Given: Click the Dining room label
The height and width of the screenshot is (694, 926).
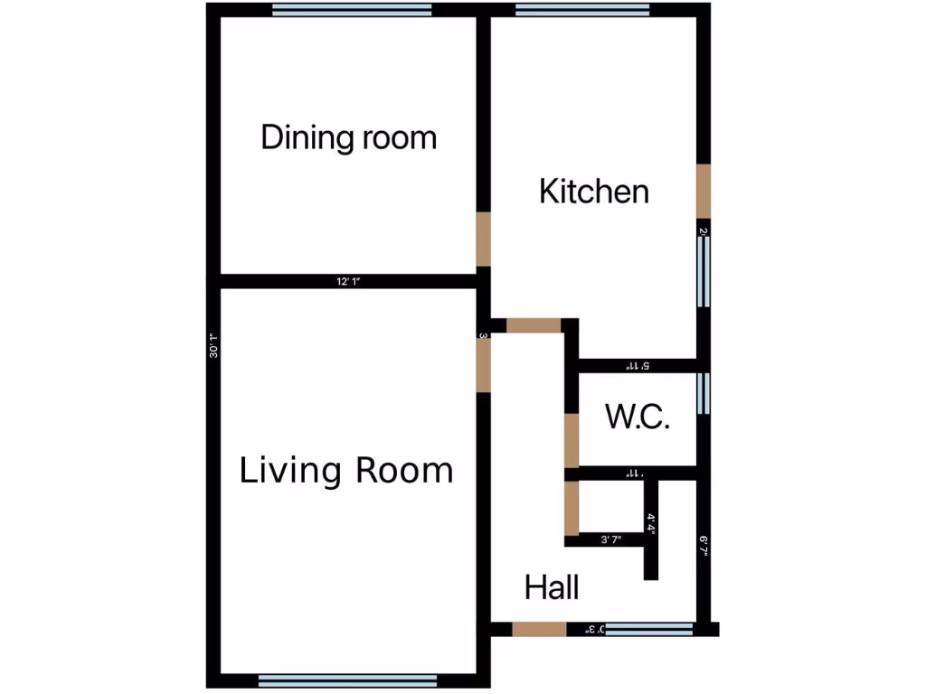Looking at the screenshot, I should point(349,138).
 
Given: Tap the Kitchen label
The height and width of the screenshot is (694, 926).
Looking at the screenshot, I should point(594,192).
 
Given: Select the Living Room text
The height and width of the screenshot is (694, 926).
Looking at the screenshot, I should point(346,471).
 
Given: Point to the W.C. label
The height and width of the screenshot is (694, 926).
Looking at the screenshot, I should point(638,418).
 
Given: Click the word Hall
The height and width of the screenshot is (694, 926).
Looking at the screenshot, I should point(552,588).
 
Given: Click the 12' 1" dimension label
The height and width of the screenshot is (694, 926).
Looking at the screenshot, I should point(348,282).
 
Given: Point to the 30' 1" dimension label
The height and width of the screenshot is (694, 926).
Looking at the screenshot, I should point(213,346).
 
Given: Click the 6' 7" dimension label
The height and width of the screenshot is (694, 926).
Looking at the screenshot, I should point(703,546).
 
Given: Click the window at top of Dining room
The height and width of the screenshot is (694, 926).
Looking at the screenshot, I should point(352,11).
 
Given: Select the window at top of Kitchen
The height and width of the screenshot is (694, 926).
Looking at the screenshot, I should point(582,11).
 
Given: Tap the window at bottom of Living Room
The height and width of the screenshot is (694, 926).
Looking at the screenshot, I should point(347,681).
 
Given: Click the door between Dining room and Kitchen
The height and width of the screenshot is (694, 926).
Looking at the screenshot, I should point(484,239).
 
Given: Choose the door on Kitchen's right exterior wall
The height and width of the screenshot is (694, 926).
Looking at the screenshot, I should point(703,192).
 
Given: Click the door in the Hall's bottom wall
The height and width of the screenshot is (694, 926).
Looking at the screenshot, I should point(539,629).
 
